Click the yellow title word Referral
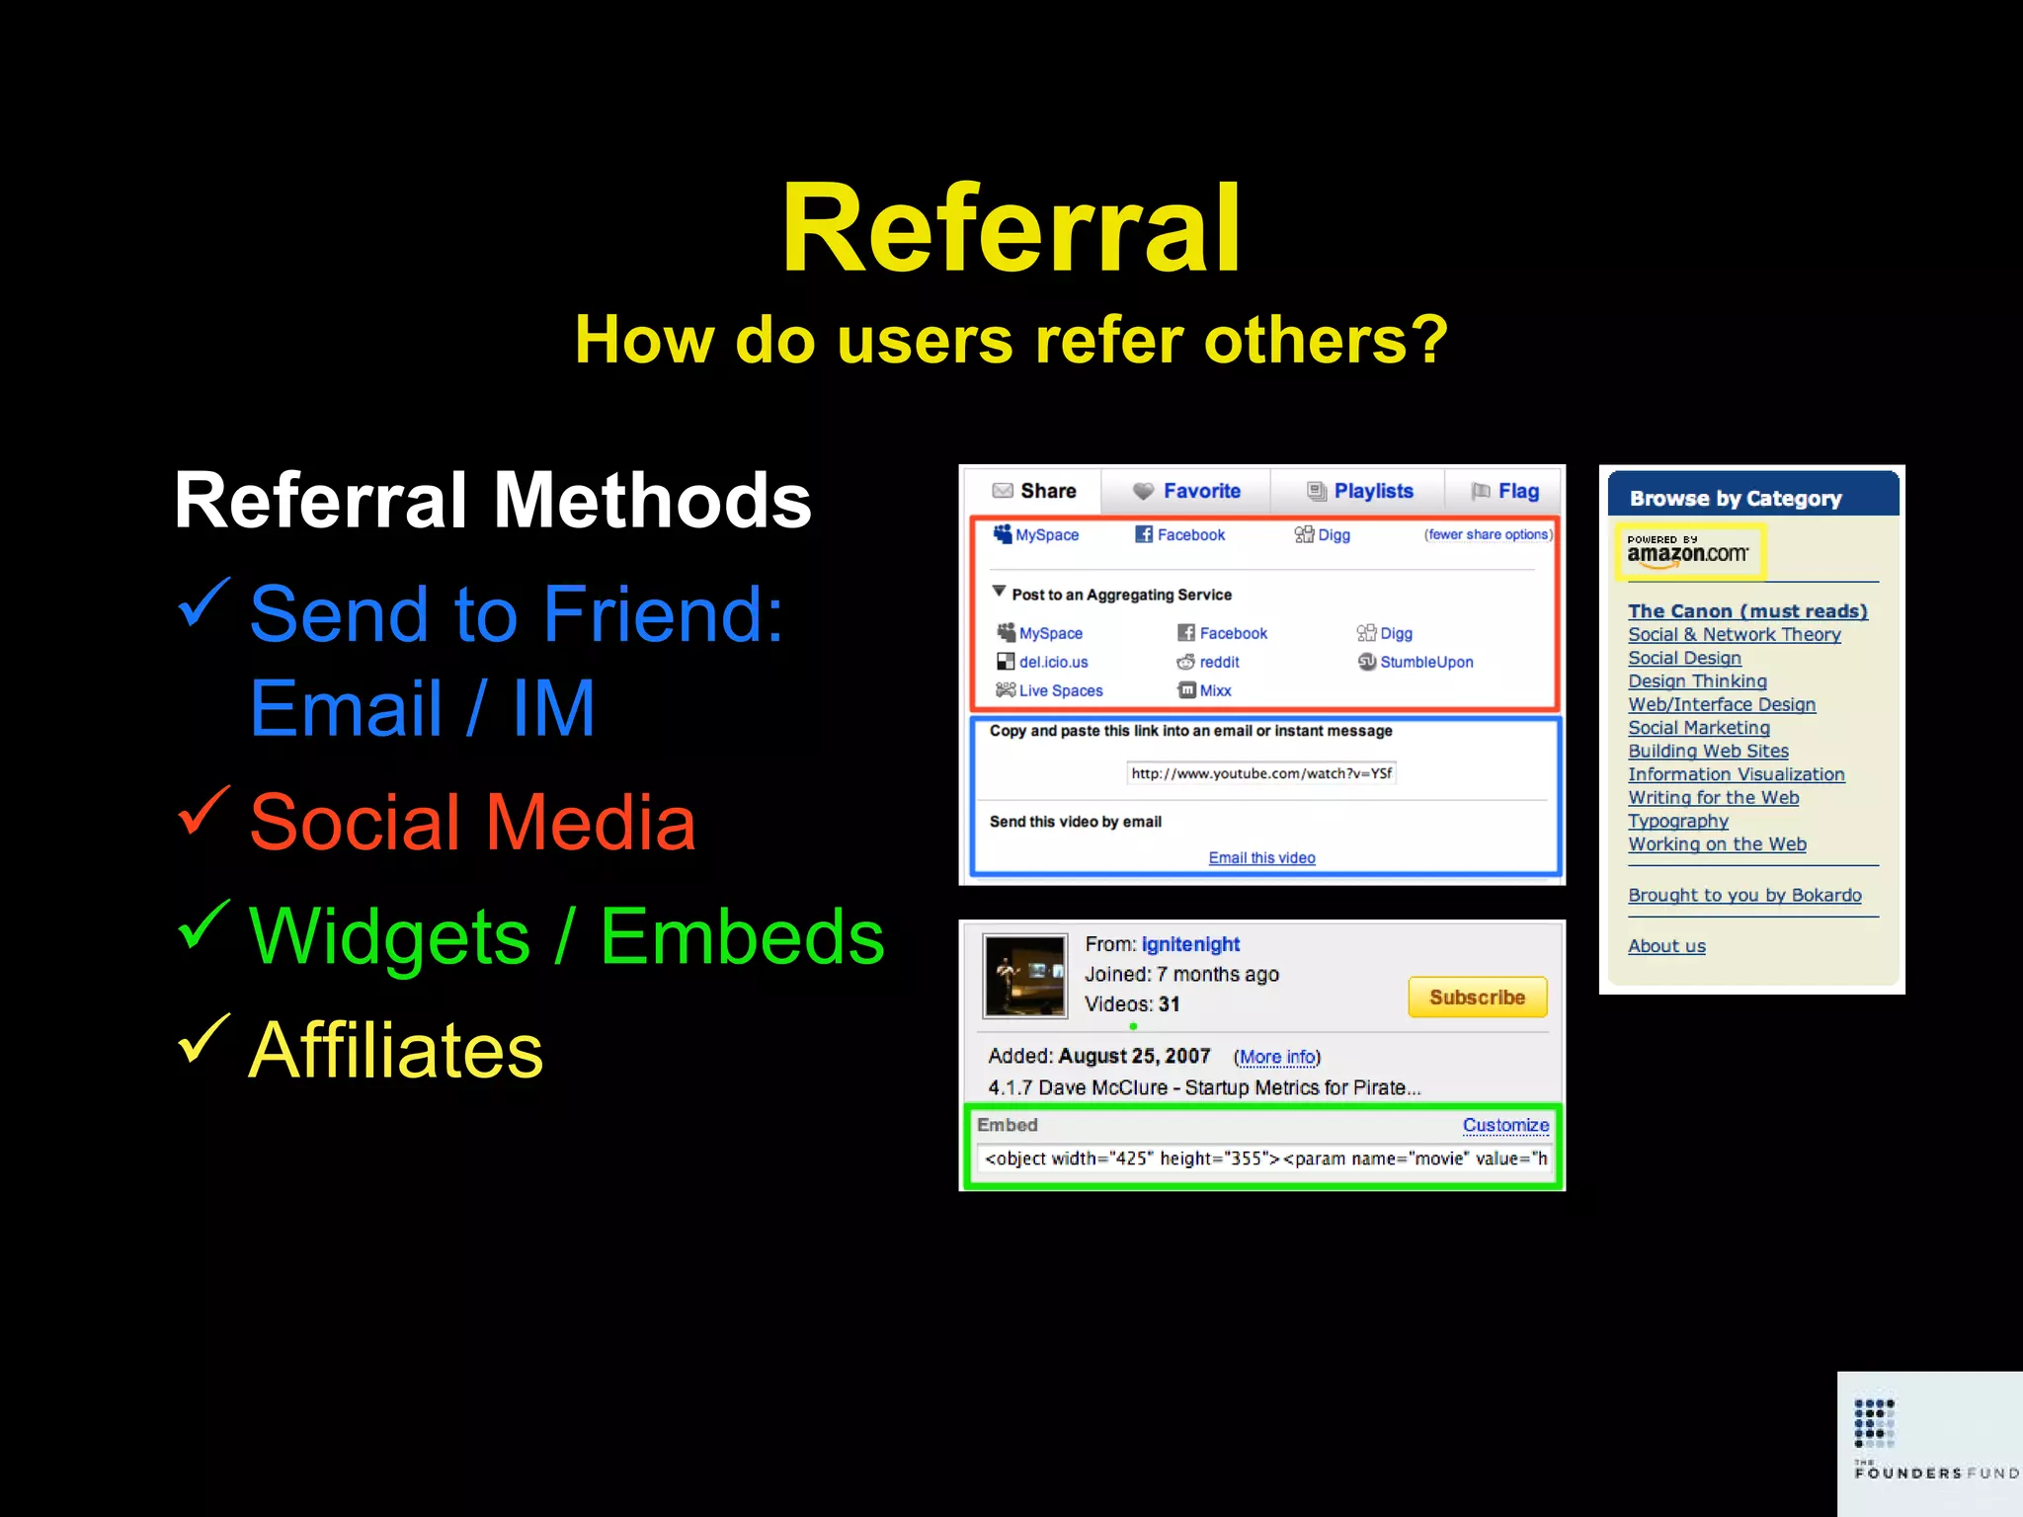[x=1011, y=229]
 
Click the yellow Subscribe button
[x=1477, y=998]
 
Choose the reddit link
[x=1218, y=662]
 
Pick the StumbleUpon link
[x=1425, y=662]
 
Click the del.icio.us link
[x=1053, y=662]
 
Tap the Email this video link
[x=1261, y=857]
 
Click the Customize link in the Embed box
[x=1505, y=1125]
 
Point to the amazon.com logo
[x=1687, y=551]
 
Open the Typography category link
[x=1678, y=821]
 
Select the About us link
[x=1666, y=946]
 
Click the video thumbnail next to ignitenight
[x=1024, y=976]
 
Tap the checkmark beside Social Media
[x=204, y=811]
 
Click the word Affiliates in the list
[x=396, y=1050]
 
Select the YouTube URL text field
[x=1261, y=773]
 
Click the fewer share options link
[x=1488, y=534]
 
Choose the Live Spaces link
[x=1060, y=690]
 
